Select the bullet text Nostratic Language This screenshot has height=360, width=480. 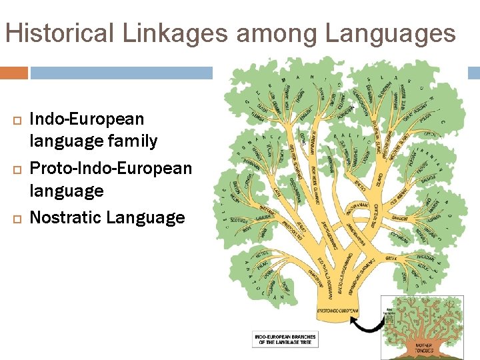tap(107, 217)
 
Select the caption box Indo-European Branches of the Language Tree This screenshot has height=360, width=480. tap(285, 339)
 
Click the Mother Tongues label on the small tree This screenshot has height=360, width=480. tap(425, 347)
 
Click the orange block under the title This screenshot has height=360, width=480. tap(14, 73)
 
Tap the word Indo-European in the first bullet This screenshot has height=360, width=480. tap(87, 119)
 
